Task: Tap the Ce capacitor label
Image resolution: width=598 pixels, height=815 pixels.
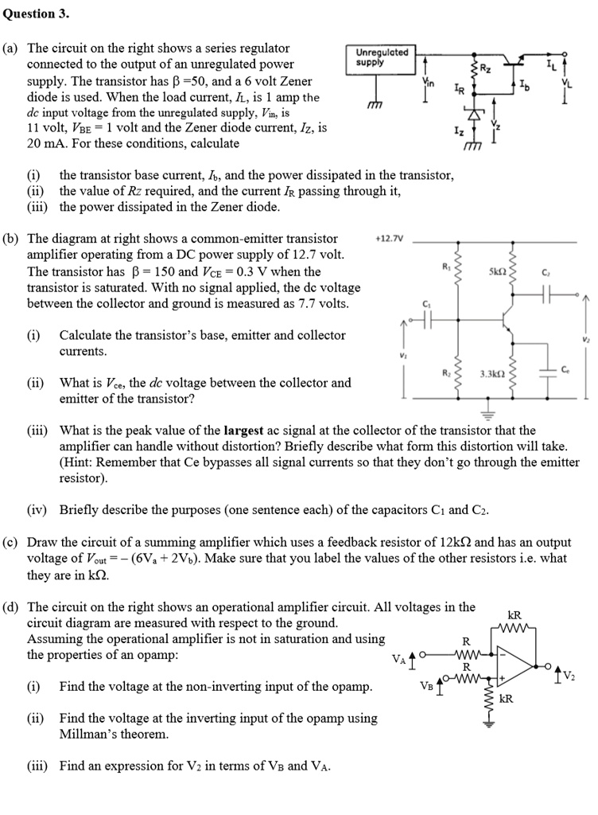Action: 564,369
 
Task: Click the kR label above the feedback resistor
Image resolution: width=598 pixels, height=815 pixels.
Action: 515,614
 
